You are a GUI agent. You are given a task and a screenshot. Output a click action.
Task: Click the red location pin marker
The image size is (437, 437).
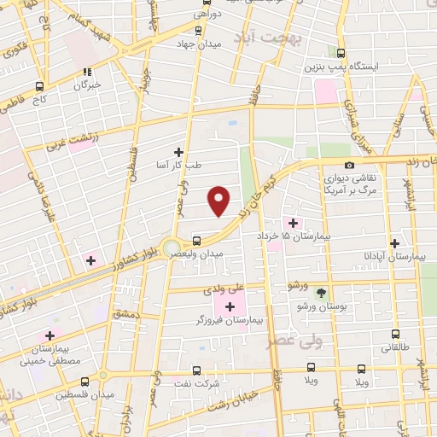tap(219, 201)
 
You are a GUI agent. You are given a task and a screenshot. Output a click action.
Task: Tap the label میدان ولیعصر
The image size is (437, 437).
tap(218, 253)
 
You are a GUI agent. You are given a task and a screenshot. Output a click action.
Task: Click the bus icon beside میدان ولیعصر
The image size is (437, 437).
tap(197, 241)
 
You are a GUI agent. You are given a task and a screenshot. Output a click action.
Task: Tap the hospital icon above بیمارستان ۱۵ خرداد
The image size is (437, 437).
tap(293, 222)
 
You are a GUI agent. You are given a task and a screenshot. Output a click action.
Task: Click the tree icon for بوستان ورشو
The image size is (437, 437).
tap(321, 293)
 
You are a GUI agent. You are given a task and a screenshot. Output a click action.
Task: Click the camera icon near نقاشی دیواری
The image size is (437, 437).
tap(349, 166)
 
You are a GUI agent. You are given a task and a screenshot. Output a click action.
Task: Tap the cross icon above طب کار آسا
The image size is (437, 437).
tap(178, 151)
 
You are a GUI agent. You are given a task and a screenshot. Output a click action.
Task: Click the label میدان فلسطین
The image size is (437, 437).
tap(77, 395)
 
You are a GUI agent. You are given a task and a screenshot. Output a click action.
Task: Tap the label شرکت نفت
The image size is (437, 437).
tap(201, 383)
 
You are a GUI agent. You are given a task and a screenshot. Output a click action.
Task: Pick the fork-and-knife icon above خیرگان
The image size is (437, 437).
tap(86, 72)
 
